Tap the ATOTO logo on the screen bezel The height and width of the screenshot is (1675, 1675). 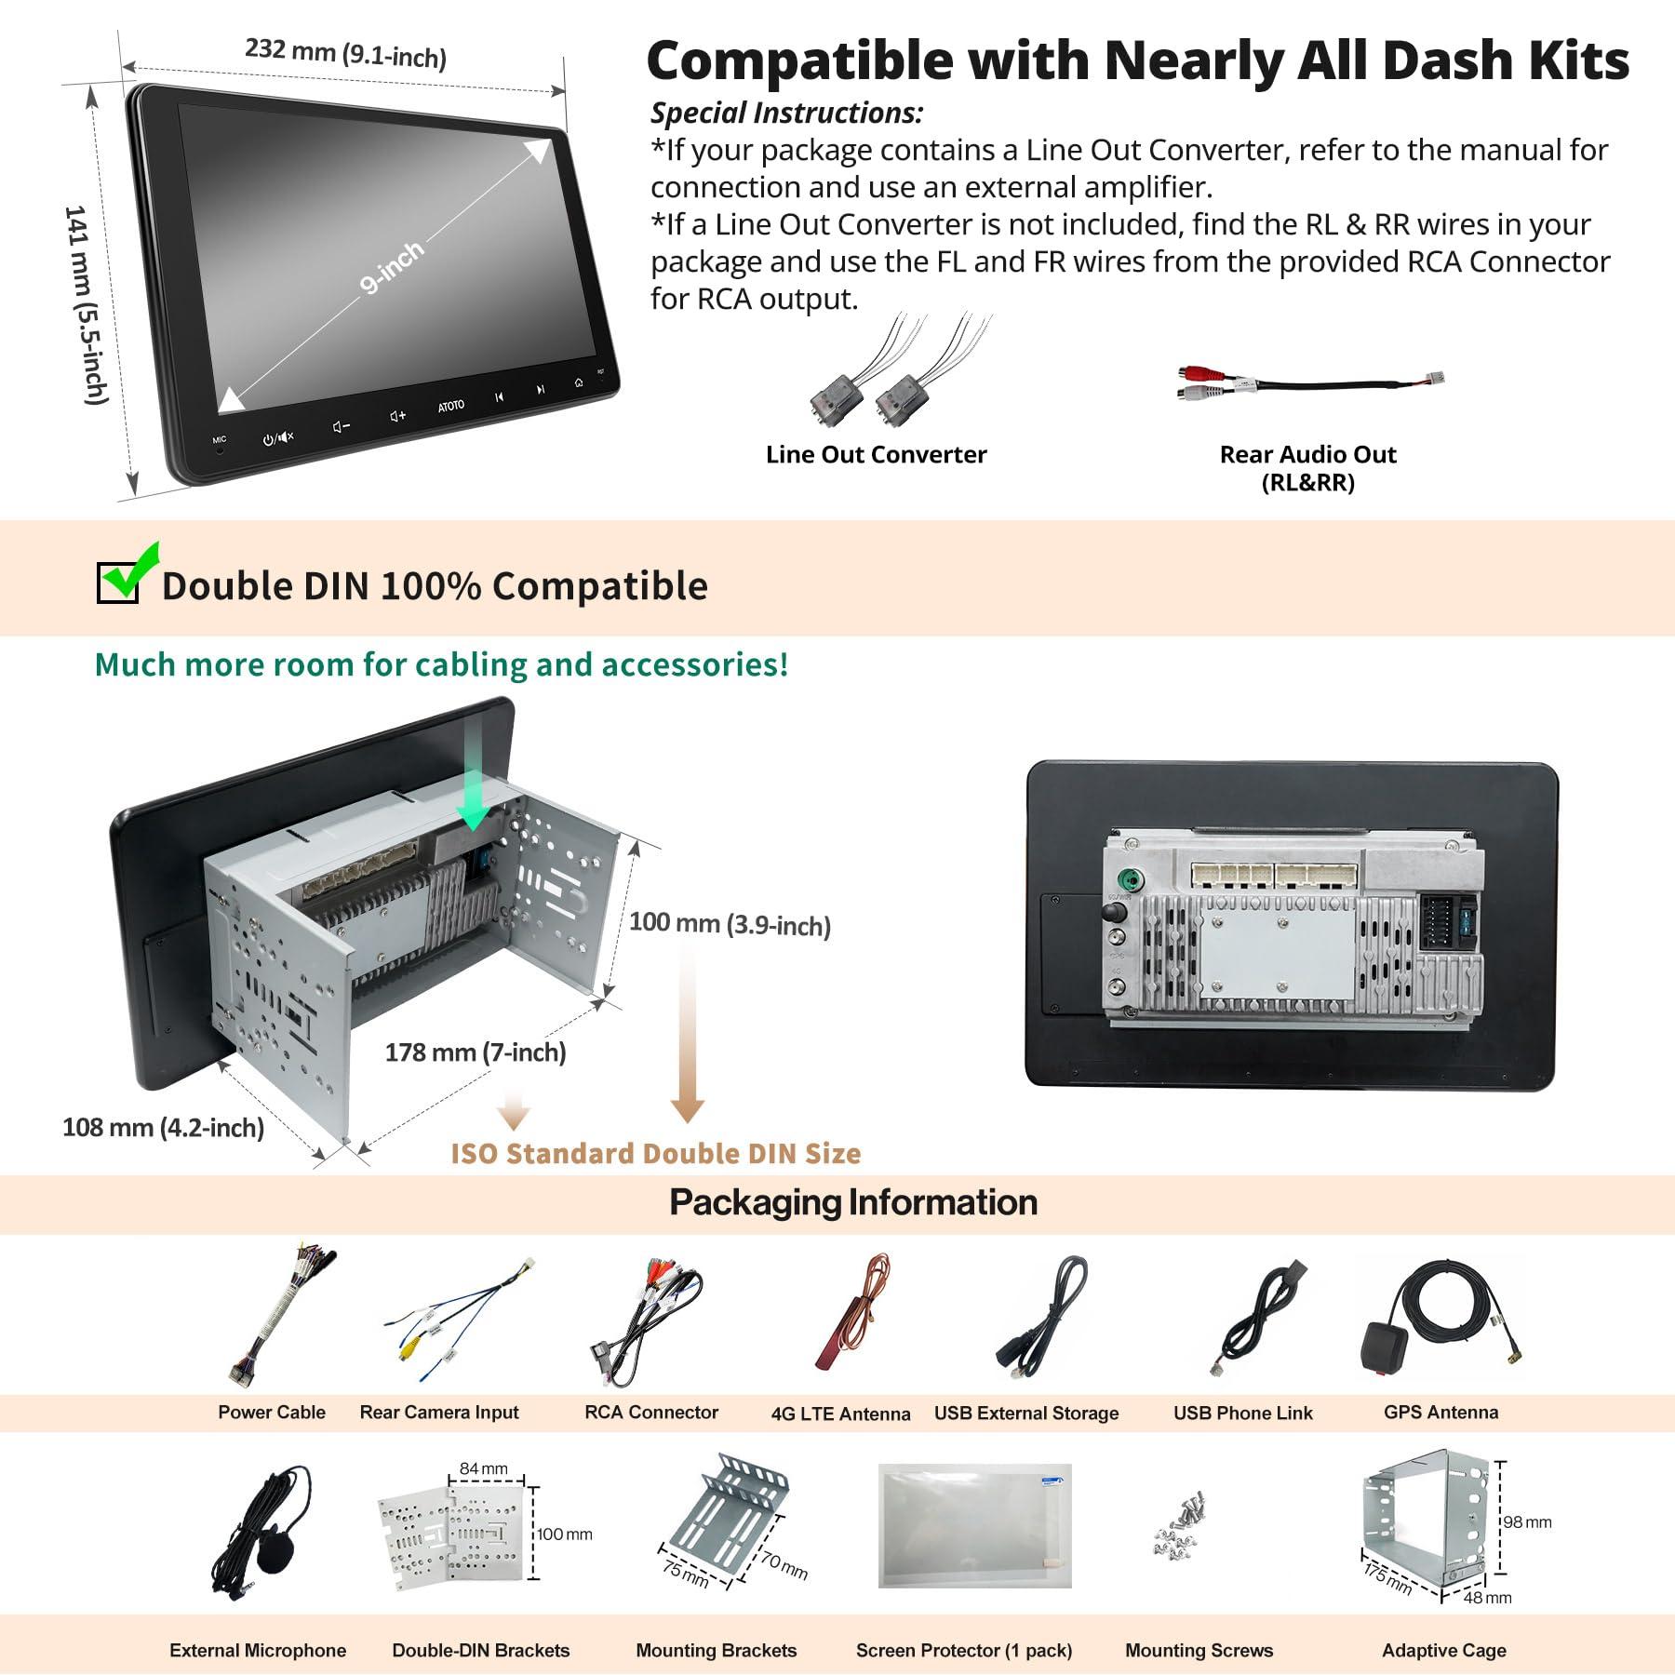pos(451,406)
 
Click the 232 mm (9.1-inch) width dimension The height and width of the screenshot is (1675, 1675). pos(345,53)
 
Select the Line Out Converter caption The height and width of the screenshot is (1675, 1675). pos(876,454)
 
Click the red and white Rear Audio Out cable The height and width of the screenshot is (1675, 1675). pos(1309,382)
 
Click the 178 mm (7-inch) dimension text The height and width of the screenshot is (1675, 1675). pos(476,1052)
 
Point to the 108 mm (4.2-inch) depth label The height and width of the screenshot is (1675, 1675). pos(163,1128)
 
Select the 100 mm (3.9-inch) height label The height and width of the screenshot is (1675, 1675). pos(730,924)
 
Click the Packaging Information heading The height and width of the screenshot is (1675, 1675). pos(853,1202)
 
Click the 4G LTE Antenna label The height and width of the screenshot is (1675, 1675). pos(840,1414)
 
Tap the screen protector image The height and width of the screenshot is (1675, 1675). pos(974,1525)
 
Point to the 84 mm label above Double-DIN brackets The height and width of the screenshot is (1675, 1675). pos(484,1468)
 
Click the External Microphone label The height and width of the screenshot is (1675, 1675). pos(258,1650)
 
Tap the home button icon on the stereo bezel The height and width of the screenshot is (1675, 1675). pos(579,382)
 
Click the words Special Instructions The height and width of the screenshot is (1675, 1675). pos(786,113)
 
